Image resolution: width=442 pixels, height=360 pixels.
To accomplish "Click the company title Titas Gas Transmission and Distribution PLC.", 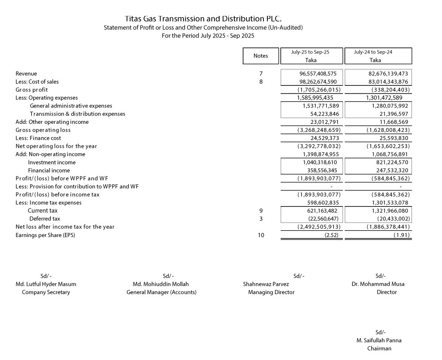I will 203,19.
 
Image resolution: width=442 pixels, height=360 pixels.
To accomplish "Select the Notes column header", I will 261,56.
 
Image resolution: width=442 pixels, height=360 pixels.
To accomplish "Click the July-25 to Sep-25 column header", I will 311,52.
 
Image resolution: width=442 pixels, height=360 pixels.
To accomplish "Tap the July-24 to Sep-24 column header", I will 375,52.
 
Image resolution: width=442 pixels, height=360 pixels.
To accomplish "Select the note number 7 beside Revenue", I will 261,73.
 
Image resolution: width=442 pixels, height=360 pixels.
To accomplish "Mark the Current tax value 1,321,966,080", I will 385,211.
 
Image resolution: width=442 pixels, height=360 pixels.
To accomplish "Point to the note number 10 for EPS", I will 261,235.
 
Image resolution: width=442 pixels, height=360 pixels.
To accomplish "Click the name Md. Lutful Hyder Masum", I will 46,284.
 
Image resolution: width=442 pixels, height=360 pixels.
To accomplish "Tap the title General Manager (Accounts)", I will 161,292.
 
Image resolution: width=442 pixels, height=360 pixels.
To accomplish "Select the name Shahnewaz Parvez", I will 266,284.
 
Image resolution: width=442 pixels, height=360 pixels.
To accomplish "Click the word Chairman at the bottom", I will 379,349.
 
